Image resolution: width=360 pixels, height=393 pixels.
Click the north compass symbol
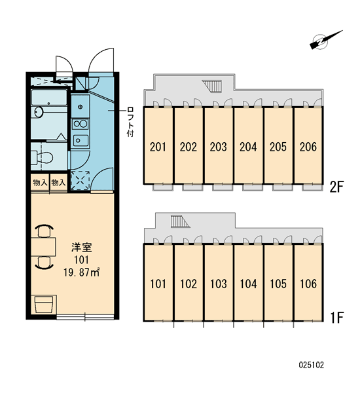pos(324,41)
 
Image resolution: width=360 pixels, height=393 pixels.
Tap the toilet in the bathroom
pos(42,157)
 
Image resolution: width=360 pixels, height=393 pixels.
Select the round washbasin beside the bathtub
pos(39,112)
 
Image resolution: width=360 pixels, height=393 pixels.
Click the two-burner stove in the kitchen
pos(80,124)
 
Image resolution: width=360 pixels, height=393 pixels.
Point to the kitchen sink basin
pos(80,140)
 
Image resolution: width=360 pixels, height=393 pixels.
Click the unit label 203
pos(218,147)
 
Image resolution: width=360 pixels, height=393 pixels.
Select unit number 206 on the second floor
pos(308,147)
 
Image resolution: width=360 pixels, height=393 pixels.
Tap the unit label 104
pos(248,284)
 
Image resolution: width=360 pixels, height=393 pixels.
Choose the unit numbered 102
pos(189,284)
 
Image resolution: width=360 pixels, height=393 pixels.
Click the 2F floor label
pos(336,187)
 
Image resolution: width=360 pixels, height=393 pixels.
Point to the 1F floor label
pos(336,318)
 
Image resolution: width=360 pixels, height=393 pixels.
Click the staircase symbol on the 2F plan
pos(212,86)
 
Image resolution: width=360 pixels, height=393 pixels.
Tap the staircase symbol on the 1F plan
pos(180,221)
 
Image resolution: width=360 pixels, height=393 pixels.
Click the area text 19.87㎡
pos(82,272)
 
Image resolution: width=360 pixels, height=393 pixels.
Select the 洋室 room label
pos(82,248)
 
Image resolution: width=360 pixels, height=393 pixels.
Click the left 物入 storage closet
pos(40,183)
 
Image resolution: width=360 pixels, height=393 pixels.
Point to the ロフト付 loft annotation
pos(130,122)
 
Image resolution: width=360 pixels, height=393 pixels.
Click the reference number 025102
pos(311,365)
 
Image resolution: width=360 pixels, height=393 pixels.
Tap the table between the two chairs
pos(43,247)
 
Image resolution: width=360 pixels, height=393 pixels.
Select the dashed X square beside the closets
pos(80,180)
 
